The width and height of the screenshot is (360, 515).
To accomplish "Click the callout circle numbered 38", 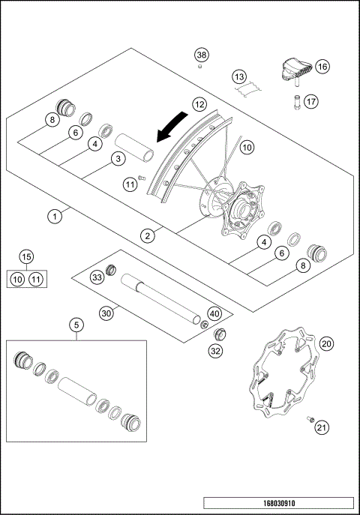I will tap(201, 55).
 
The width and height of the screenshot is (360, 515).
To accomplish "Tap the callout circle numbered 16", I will tap(322, 67).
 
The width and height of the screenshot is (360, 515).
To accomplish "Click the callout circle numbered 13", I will tap(238, 77).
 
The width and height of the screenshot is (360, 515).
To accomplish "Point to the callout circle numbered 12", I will tap(199, 105).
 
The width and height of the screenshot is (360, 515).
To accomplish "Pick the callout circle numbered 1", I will tap(54, 217).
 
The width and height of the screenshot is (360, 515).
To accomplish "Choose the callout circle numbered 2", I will tap(148, 235).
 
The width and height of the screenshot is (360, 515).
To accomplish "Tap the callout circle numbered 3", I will tap(117, 158).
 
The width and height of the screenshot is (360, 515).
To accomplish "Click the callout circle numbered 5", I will tap(76, 325).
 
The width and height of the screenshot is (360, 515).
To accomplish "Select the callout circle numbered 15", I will tap(26, 257).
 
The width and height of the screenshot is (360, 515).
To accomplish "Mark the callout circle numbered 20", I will tap(326, 343).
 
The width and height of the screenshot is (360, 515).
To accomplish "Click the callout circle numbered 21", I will tap(322, 427).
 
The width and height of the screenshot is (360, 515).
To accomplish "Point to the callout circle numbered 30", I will tap(106, 313).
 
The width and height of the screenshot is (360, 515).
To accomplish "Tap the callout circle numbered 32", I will tap(216, 349).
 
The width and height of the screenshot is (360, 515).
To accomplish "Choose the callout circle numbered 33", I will tap(97, 277).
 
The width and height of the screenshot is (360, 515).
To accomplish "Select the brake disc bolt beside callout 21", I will tap(309, 421).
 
